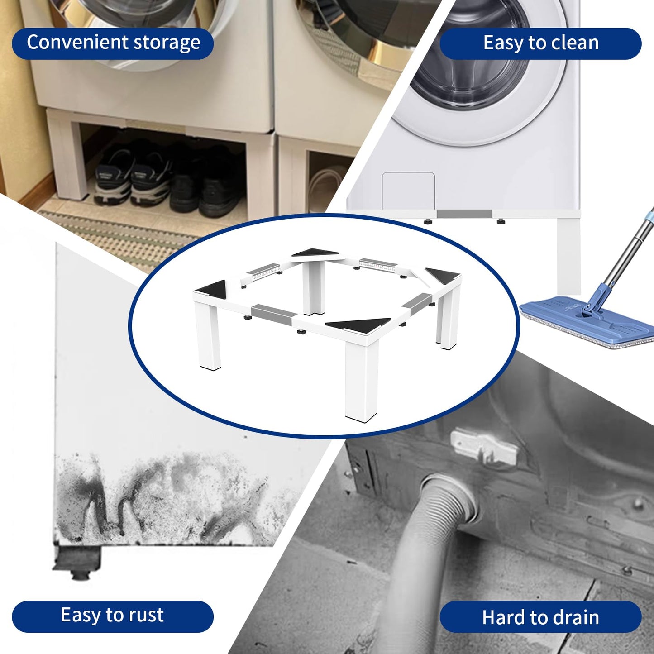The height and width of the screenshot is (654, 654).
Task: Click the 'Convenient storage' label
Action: (113, 43)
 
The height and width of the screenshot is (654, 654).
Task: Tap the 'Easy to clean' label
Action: (540, 43)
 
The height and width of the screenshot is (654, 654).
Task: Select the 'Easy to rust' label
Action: (112, 616)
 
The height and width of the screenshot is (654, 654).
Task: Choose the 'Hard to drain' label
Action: (540, 617)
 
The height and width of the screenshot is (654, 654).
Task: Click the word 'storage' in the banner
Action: (167, 43)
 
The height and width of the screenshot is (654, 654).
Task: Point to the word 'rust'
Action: (146, 616)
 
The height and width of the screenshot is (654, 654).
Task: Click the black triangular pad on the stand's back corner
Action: (315, 253)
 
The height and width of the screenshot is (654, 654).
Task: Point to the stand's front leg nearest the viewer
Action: (361, 380)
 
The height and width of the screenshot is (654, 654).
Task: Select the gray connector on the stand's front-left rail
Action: (271, 312)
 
